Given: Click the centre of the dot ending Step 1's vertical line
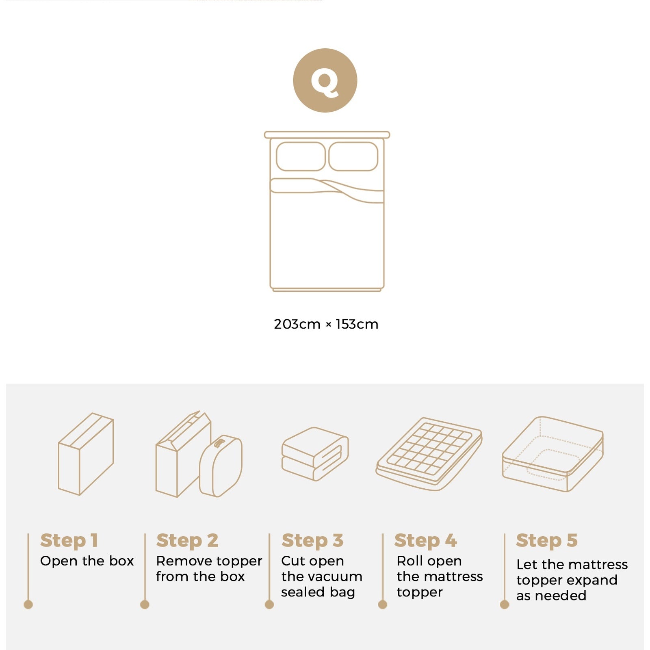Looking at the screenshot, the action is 28,604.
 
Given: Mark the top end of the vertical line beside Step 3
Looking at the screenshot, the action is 269,534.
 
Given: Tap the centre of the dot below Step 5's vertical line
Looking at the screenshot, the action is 505,604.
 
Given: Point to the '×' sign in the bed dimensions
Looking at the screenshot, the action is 328,325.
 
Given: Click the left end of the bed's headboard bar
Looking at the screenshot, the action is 265,135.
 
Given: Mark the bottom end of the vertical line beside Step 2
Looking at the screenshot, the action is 145,600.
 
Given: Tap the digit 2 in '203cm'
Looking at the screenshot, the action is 278,324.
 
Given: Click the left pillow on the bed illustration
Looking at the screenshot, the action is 301,156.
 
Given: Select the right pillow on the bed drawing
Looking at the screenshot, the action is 353,156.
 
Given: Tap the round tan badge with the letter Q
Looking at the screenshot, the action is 325,80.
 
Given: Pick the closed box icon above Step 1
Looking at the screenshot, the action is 86,454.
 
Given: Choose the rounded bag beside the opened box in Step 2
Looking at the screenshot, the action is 221,466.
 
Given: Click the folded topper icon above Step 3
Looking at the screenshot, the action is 315,454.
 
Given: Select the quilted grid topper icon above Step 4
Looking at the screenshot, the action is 429,454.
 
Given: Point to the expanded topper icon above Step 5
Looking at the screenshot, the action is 552,454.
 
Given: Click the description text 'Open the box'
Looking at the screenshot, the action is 87,561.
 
